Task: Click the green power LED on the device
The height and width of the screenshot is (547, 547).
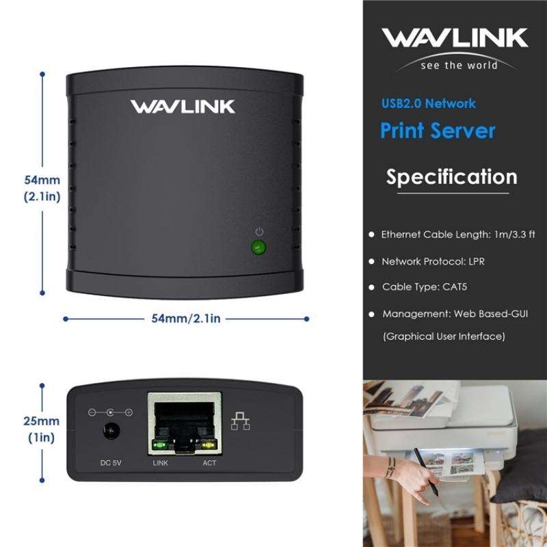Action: pos(258,248)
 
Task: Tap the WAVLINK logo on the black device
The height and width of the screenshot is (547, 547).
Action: pos(183,107)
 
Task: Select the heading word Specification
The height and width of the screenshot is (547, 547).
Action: pos(452,177)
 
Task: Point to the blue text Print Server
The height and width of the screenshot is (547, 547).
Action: pos(438,130)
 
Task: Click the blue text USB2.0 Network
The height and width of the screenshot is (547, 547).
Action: pos(429,104)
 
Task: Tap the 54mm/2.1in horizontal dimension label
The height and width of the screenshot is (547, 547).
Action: pos(186,318)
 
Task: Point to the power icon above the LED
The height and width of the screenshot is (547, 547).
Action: pos(258,232)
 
